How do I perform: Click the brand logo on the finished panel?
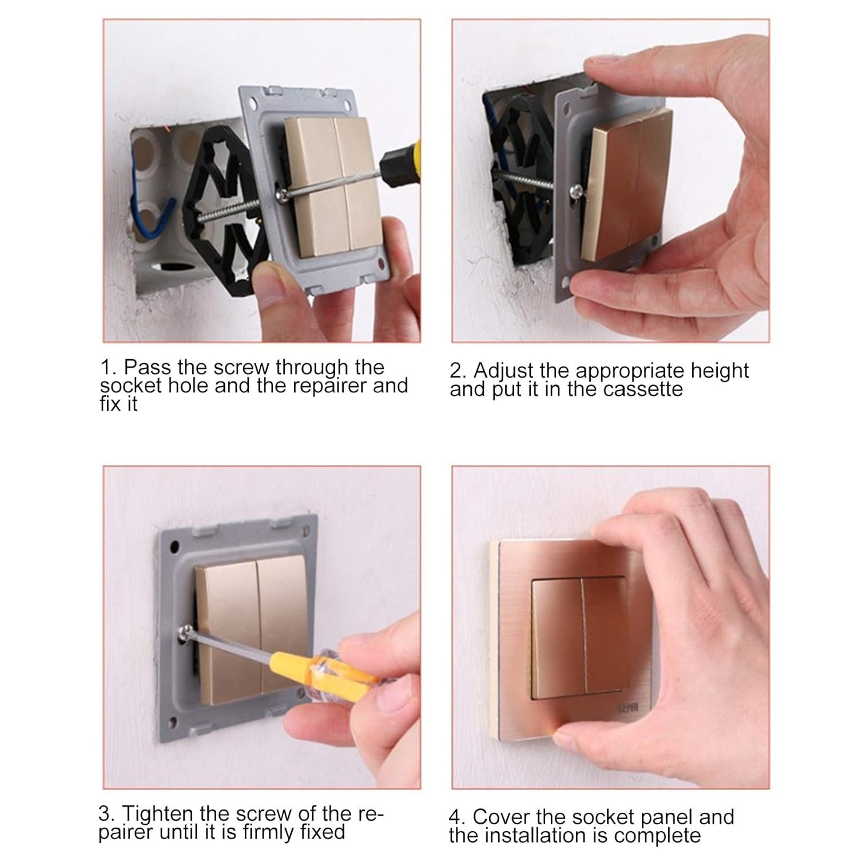[627, 708]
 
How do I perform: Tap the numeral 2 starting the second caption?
[456, 371]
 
